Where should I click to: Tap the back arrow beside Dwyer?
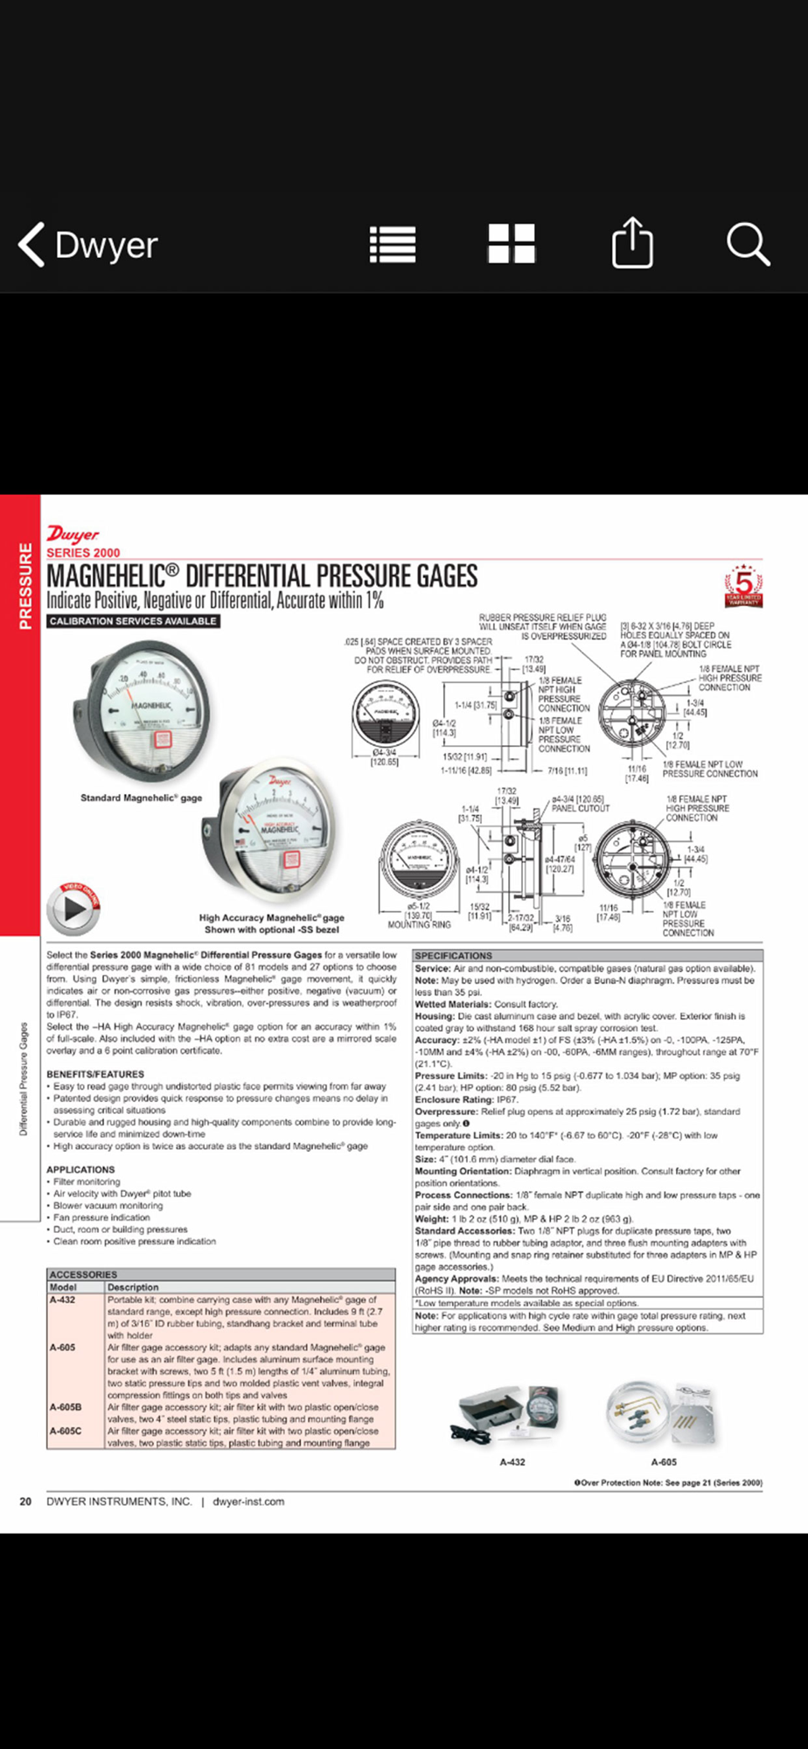[32, 244]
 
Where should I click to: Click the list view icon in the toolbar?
[393, 244]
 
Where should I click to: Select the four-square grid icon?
[512, 244]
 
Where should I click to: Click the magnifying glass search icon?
[749, 244]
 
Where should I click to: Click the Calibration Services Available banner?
[133, 621]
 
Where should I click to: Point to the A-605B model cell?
[66, 1407]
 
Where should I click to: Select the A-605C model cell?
[66, 1431]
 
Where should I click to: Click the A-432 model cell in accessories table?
[63, 1300]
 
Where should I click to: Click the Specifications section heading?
[454, 956]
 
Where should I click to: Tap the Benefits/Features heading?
[95, 1074]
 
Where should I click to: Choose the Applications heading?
[80, 1169]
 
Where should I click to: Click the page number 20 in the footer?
[26, 1502]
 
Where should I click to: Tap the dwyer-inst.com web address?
[248, 1502]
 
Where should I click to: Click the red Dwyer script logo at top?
[73, 533]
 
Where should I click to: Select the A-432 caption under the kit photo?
[512, 1461]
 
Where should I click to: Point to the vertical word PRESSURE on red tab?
[24, 585]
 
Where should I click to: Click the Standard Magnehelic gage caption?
[141, 798]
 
